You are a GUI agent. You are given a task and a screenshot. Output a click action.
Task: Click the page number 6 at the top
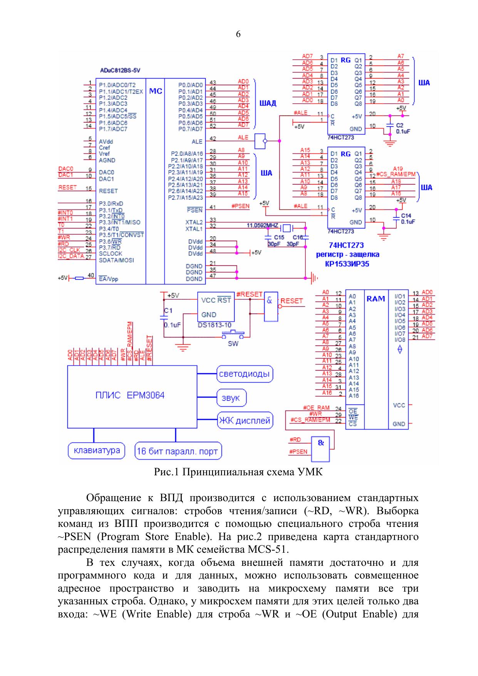(x=238, y=35)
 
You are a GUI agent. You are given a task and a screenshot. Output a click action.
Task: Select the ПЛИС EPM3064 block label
(x=130, y=396)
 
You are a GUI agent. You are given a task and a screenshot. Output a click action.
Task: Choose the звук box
(x=231, y=398)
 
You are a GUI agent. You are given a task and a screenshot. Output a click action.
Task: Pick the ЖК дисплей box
(x=245, y=421)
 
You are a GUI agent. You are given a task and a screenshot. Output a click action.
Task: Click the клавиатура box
(x=97, y=450)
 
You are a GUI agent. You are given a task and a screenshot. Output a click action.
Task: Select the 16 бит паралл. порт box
(x=178, y=451)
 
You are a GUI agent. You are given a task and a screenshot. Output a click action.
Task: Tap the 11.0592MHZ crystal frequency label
(x=263, y=225)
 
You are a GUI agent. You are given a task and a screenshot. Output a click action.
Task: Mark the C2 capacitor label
(x=399, y=125)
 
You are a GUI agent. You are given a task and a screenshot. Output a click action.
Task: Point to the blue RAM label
(x=376, y=299)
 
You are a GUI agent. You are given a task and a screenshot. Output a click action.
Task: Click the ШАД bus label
(x=268, y=103)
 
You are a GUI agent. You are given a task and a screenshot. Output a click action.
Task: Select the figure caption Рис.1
(x=238, y=471)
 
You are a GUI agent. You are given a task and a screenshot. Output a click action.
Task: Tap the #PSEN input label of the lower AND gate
(x=299, y=451)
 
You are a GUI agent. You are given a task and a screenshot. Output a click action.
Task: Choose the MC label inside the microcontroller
(x=155, y=91)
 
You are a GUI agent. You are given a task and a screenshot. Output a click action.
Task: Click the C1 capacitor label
(x=168, y=310)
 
